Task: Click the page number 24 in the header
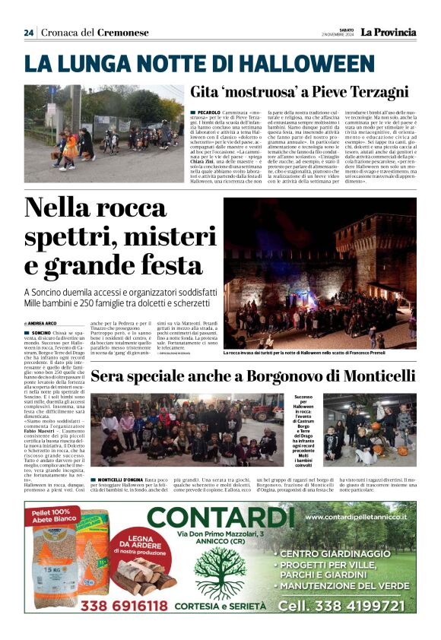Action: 28,33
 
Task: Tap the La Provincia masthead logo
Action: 388,32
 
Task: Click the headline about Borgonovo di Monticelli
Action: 254,376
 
